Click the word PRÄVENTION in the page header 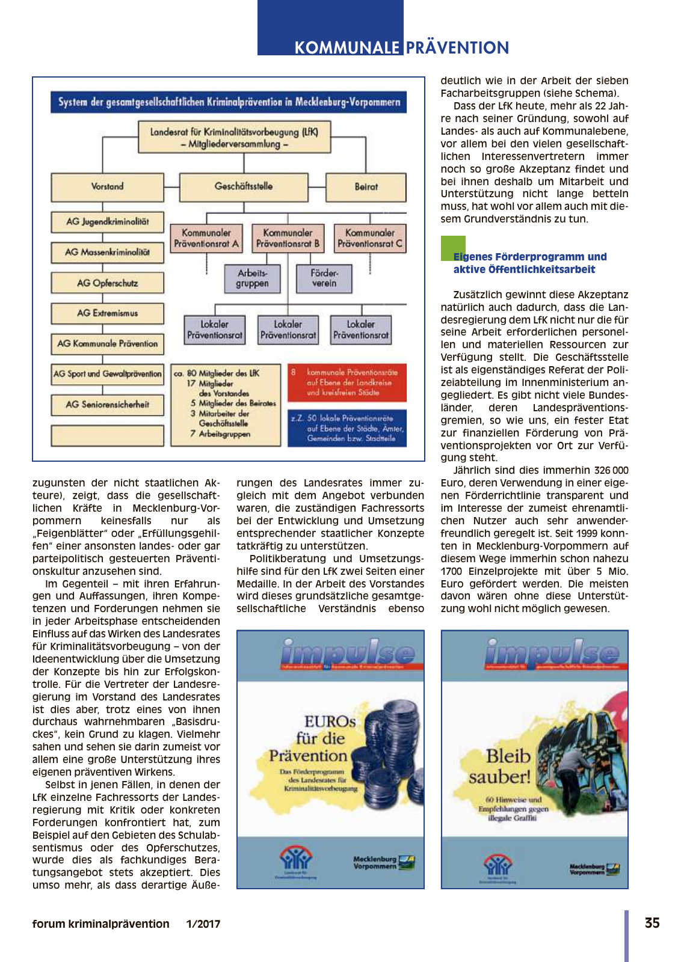click(x=457, y=47)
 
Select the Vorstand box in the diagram click(x=107, y=187)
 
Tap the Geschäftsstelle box click(x=244, y=187)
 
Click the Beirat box click(x=366, y=187)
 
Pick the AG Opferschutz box click(x=107, y=283)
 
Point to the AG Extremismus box click(x=107, y=313)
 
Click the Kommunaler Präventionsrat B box click(x=288, y=238)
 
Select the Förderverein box click(x=324, y=278)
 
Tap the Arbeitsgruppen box click(x=252, y=278)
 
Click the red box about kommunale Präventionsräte click(x=347, y=382)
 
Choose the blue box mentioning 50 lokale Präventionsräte click(x=347, y=428)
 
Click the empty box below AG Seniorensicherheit click(x=107, y=435)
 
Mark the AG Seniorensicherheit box click(x=107, y=405)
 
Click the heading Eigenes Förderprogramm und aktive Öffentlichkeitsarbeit click(x=529, y=263)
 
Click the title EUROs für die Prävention click(x=313, y=738)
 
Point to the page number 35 click(x=652, y=923)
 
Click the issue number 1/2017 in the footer click(x=203, y=924)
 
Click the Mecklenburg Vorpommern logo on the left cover click(x=384, y=863)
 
